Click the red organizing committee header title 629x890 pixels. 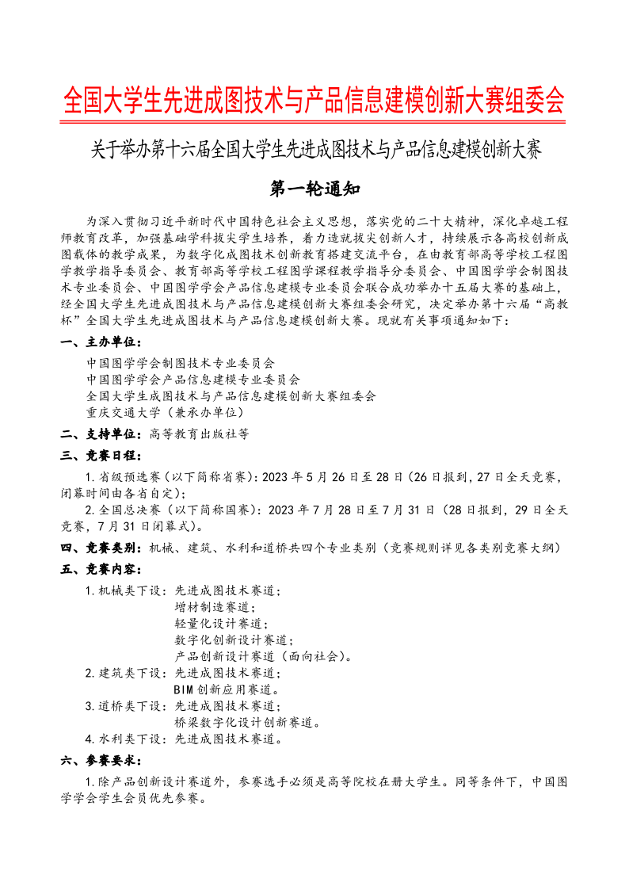coord(314,101)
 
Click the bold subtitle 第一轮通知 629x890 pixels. coord(315,189)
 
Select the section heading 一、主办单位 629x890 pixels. coord(102,342)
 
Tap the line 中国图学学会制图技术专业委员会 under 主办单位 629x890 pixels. coord(181,363)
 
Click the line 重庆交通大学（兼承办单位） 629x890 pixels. coord(166,413)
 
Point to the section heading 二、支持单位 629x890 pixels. coord(102,434)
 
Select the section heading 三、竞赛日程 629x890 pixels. coord(102,456)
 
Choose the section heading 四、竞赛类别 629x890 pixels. coord(102,548)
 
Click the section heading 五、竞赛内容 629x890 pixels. coord(102,569)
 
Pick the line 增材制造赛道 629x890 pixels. coord(214,607)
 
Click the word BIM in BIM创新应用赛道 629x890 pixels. coord(184,690)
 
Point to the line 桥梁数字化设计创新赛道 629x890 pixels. coord(246,723)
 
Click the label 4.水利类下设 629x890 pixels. coord(125,739)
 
